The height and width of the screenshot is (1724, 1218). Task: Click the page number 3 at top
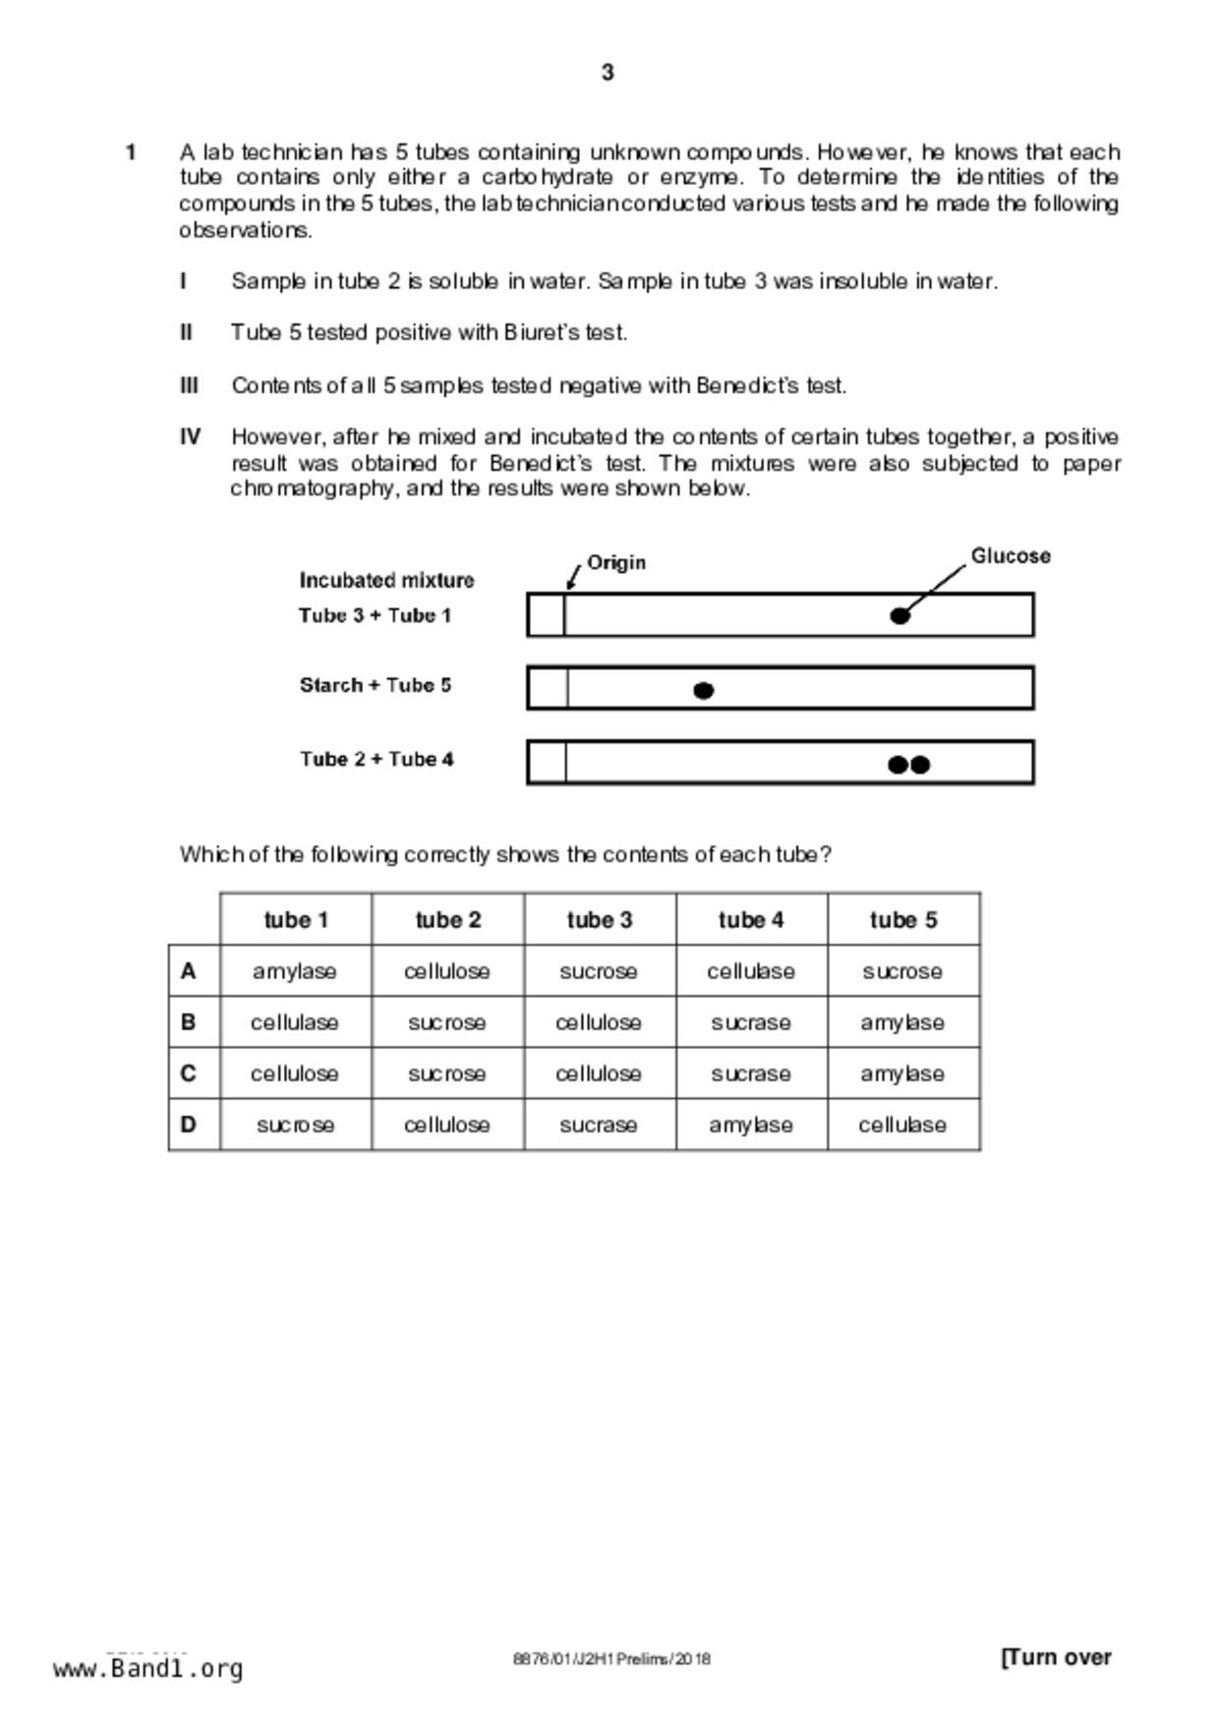click(608, 72)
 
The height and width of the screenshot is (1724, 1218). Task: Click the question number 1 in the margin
click(131, 152)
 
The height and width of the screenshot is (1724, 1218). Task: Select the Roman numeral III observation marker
click(189, 385)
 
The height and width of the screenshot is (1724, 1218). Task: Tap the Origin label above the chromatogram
click(616, 562)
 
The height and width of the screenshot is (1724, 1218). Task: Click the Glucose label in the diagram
click(1011, 556)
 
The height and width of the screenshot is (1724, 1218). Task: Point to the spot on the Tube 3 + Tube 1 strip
click(899, 616)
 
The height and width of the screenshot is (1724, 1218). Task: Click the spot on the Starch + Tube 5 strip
click(704, 691)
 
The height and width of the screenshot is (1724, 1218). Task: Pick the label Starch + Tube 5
click(376, 685)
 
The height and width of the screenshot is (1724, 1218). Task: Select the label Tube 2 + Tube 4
click(377, 759)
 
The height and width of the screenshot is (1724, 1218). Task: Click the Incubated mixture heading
click(386, 580)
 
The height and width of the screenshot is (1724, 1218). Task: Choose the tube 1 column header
click(296, 920)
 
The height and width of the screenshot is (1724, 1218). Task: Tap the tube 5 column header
click(903, 920)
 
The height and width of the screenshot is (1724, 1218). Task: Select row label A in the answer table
click(189, 971)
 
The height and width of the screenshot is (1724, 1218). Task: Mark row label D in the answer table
click(189, 1124)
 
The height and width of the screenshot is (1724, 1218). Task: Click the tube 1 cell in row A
click(295, 971)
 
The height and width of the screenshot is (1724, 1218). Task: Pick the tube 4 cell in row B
click(751, 1022)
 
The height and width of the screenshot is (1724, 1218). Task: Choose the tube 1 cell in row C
click(295, 1073)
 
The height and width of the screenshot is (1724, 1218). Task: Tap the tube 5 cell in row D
click(902, 1124)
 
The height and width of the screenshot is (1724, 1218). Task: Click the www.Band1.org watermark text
click(148, 1669)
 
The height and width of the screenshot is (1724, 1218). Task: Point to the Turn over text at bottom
click(1056, 1657)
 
